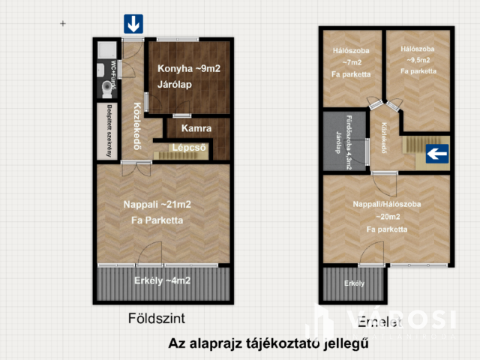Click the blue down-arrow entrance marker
(133, 24)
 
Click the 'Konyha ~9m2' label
(188, 70)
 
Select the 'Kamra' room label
(197, 128)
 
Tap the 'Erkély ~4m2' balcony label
(162, 280)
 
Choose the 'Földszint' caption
(157, 317)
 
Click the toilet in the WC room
(105, 88)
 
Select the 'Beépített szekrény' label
(109, 131)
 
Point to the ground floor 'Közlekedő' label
(137, 126)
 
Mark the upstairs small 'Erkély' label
(354, 283)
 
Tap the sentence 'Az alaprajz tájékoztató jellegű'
(268, 344)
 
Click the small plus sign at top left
(63, 24)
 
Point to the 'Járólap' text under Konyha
(175, 85)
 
